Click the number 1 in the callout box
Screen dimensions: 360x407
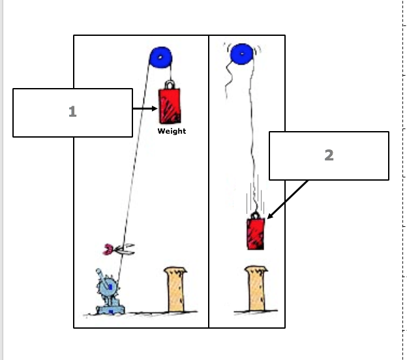click(72, 112)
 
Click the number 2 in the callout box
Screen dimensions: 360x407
click(329, 155)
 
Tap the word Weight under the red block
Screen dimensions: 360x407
click(172, 131)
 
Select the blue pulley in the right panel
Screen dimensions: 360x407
click(241, 53)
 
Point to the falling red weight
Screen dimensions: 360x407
click(256, 234)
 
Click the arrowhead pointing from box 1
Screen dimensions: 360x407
click(154, 108)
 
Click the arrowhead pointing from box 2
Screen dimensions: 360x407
click(269, 215)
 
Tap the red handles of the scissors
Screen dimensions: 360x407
click(108, 248)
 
